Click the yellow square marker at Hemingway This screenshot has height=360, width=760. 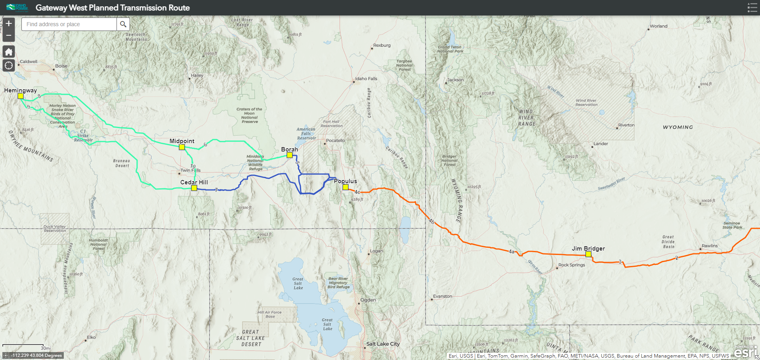point(21,96)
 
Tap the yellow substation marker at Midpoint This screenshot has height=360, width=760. point(182,147)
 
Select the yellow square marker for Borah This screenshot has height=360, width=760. point(290,155)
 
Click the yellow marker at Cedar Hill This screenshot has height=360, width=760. point(194,188)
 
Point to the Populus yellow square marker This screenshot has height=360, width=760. point(346,187)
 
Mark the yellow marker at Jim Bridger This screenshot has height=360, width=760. point(588,254)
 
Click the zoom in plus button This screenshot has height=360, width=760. point(9,24)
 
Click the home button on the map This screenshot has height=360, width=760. point(9,52)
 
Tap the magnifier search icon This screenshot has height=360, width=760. point(123,24)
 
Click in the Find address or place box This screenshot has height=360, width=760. point(69,24)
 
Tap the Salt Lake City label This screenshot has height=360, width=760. point(383,344)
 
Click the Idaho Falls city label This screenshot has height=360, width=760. point(366,79)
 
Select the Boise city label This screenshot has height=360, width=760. point(61,66)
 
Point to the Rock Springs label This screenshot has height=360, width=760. point(571,265)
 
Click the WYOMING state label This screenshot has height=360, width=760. point(678,127)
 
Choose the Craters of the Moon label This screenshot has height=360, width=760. point(249,115)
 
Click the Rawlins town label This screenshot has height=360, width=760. point(709,246)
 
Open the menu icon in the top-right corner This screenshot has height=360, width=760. point(752,8)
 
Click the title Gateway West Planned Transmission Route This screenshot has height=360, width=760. point(113,8)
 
